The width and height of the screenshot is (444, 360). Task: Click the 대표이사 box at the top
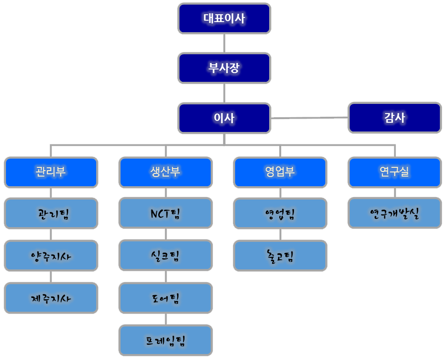pyautogui.click(x=224, y=18)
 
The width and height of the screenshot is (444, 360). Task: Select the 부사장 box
pyautogui.click(x=224, y=69)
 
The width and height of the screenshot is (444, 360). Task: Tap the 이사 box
pyautogui.click(x=224, y=118)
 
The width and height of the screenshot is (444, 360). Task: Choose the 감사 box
pyautogui.click(x=394, y=118)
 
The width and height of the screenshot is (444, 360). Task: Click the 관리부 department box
pyautogui.click(x=51, y=172)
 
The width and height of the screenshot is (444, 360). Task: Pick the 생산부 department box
pyautogui.click(x=166, y=172)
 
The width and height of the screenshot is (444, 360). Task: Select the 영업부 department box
pyautogui.click(x=280, y=172)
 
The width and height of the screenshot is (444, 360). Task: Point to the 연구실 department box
pyautogui.click(x=394, y=172)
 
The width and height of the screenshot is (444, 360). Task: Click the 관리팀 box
pyautogui.click(x=51, y=213)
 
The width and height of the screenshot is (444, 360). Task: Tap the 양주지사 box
pyautogui.click(x=51, y=256)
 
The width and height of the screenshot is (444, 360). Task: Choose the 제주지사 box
pyautogui.click(x=51, y=298)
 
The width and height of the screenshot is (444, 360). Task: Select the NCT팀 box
pyautogui.click(x=166, y=213)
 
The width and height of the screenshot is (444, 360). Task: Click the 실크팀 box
pyautogui.click(x=166, y=255)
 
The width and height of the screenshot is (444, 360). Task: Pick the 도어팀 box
pyautogui.click(x=166, y=298)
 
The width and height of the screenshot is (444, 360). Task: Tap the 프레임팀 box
pyautogui.click(x=166, y=340)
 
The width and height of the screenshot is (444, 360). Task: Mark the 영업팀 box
pyautogui.click(x=280, y=213)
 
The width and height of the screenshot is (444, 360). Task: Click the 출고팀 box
pyautogui.click(x=280, y=255)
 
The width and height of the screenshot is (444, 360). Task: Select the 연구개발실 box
pyautogui.click(x=394, y=213)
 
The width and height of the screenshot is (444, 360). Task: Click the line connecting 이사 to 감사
pyautogui.click(x=309, y=118)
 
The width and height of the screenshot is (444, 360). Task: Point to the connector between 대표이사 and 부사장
pyautogui.click(x=224, y=43)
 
